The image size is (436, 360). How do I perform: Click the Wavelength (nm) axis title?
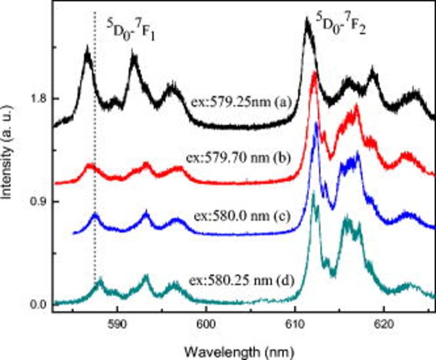pyautogui.click(x=239, y=350)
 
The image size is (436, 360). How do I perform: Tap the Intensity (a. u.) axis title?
pyautogui.click(x=7, y=152)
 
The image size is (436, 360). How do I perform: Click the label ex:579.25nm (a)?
pyautogui.click(x=241, y=102)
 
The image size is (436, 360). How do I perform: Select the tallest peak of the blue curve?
pyautogui.click(x=316, y=123)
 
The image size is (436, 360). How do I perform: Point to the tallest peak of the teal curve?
pyautogui.click(x=314, y=194)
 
